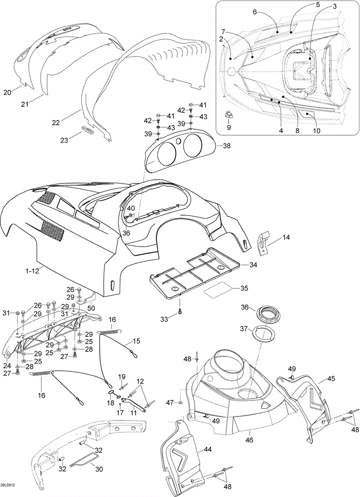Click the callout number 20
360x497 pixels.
click(7, 92)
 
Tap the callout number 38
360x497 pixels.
click(227, 146)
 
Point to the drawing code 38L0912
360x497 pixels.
click(9, 486)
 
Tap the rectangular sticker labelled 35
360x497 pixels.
click(218, 288)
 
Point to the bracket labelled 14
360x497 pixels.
click(265, 239)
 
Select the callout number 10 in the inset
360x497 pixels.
click(316, 131)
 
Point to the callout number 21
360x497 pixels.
click(25, 103)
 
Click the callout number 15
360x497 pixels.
click(136, 341)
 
